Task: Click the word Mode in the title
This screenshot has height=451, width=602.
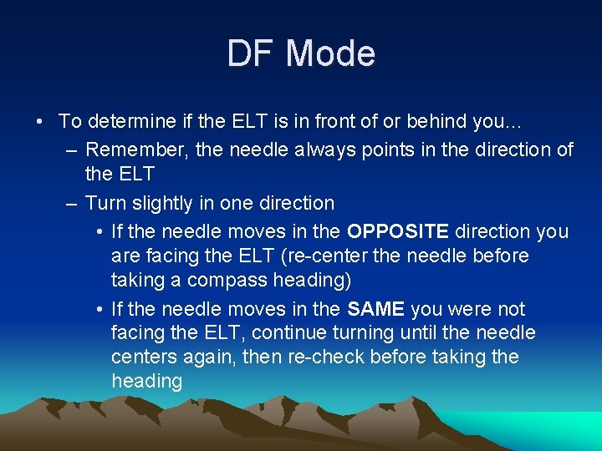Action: point(330,53)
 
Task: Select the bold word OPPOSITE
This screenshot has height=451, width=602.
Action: point(397,231)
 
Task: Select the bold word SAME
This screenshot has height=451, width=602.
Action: point(375,309)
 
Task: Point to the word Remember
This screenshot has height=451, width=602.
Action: point(129,149)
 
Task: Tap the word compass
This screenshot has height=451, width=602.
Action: point(223,279)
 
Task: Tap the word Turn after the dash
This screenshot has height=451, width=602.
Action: point(105,203)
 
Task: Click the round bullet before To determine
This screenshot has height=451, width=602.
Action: point(40,122)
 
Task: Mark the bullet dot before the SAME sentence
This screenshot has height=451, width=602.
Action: point(99,310)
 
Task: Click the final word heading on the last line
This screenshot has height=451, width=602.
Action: point(146,381)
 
